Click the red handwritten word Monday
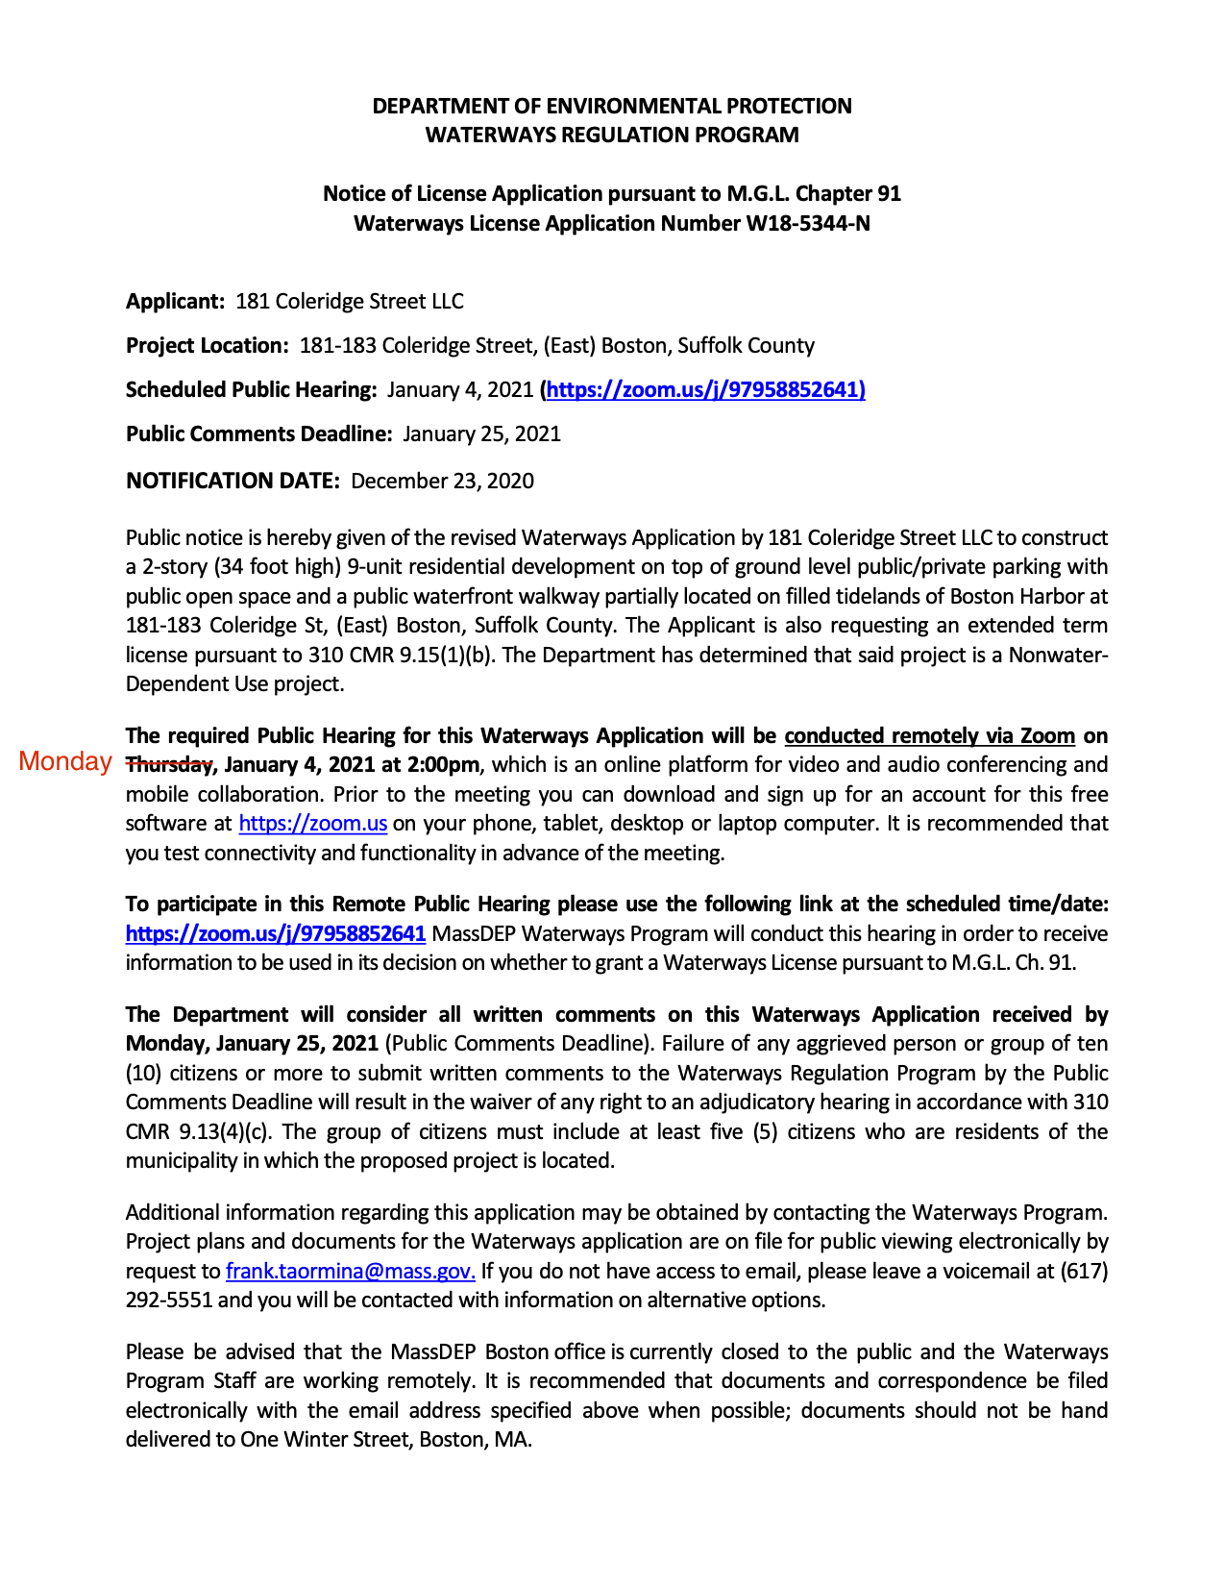pos(65,761)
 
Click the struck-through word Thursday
pos(170,765)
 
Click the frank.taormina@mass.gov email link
pos(350,1272)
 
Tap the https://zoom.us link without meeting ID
pos(312,824)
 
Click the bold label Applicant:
pos(176,302)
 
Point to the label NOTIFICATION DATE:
pos(233,481)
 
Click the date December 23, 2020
pos(442,481)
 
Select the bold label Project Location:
pos(207,345)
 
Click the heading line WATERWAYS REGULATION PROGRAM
pos(612,135)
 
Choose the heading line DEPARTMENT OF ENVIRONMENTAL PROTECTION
pos(612,106)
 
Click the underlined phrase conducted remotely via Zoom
pos(929,736)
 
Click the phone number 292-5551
pos(171,1301)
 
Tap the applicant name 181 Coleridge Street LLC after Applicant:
pos(350,302)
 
